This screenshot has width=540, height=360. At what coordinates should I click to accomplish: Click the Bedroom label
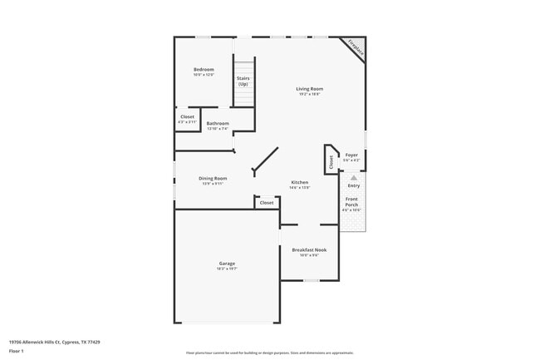[204, 69]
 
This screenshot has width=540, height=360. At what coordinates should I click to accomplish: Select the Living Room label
[310, 88]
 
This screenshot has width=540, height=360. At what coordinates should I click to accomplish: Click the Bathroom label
[218, 123]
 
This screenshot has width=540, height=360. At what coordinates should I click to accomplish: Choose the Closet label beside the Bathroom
[187, 117]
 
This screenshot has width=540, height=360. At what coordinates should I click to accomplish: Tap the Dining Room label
[213, 178]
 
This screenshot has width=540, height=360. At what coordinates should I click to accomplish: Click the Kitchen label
[299, 182]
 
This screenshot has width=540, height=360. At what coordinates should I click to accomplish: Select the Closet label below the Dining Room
[267, 203]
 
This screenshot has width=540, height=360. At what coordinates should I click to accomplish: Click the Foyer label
[352, 155]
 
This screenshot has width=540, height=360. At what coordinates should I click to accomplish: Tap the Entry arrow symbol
[354, 177]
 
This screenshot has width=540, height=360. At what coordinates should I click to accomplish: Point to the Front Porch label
[352, 201]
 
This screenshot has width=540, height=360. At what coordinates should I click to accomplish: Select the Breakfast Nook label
[309, 249]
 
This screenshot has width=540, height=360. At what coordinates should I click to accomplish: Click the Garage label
[227, 264]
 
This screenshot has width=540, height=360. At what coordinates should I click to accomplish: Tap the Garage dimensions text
[227, 269]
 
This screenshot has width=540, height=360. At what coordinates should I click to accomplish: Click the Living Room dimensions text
[310, 94]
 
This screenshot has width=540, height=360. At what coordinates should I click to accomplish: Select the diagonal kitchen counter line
[266, 160]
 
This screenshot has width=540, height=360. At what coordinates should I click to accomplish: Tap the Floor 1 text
[16, 350]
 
